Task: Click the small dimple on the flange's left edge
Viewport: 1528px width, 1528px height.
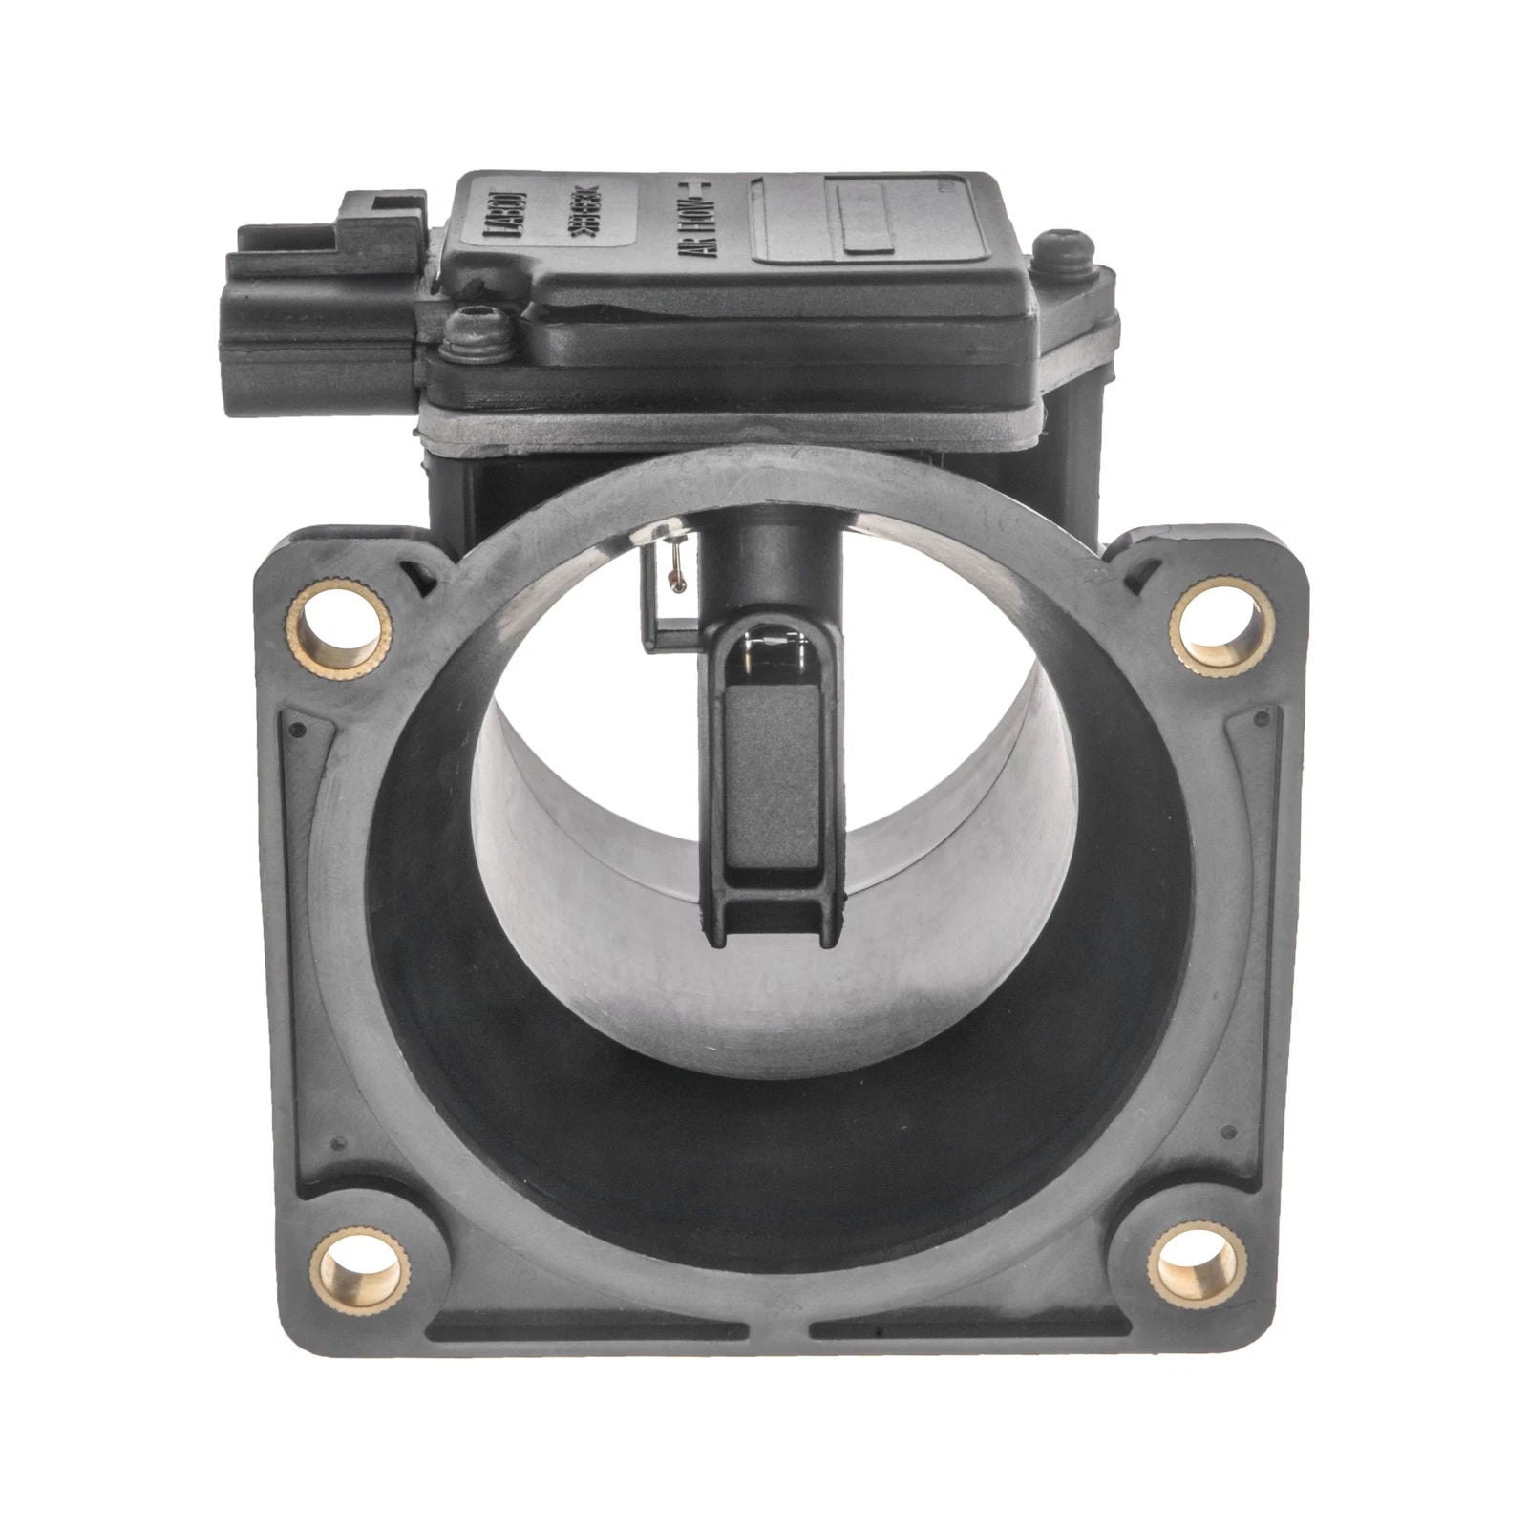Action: [298, 729]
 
